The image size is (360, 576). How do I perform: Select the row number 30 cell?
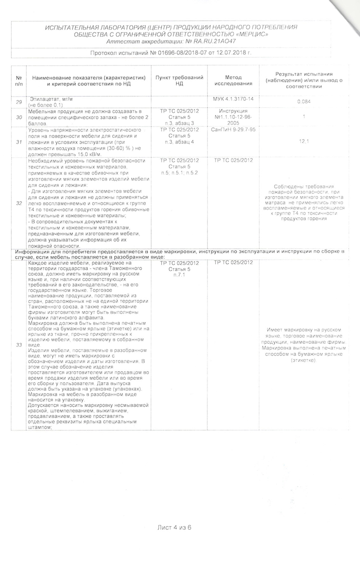(19, 117)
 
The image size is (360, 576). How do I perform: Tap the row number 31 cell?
(19, 142)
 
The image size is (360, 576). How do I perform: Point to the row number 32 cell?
(19, 203)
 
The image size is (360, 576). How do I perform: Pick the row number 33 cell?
(19, 345)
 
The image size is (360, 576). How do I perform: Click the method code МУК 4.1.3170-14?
(234, 98)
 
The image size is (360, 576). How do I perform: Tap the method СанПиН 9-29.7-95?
(234, 130)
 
